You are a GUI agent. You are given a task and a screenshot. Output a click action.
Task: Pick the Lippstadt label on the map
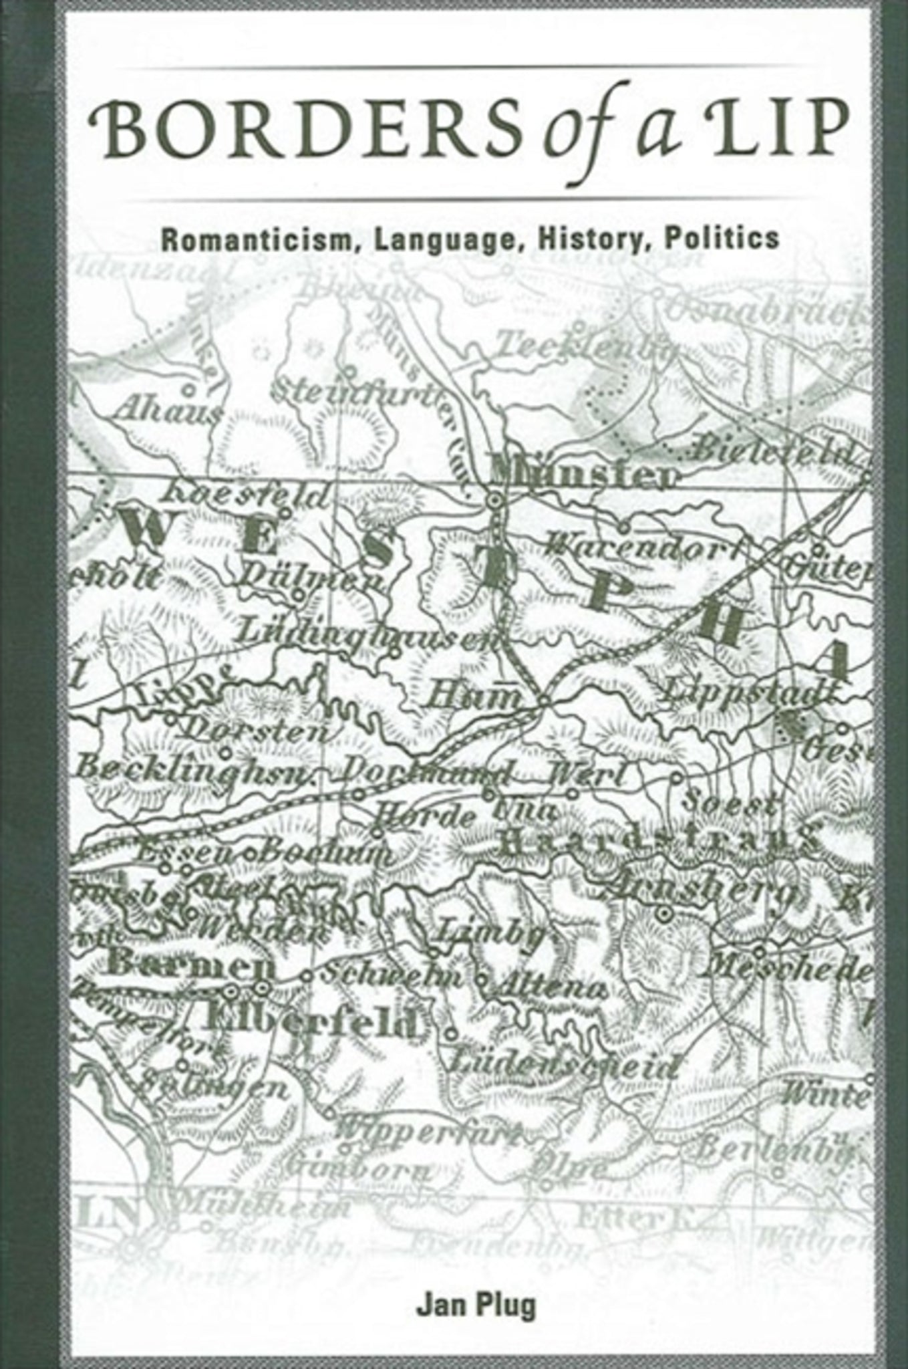748,691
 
